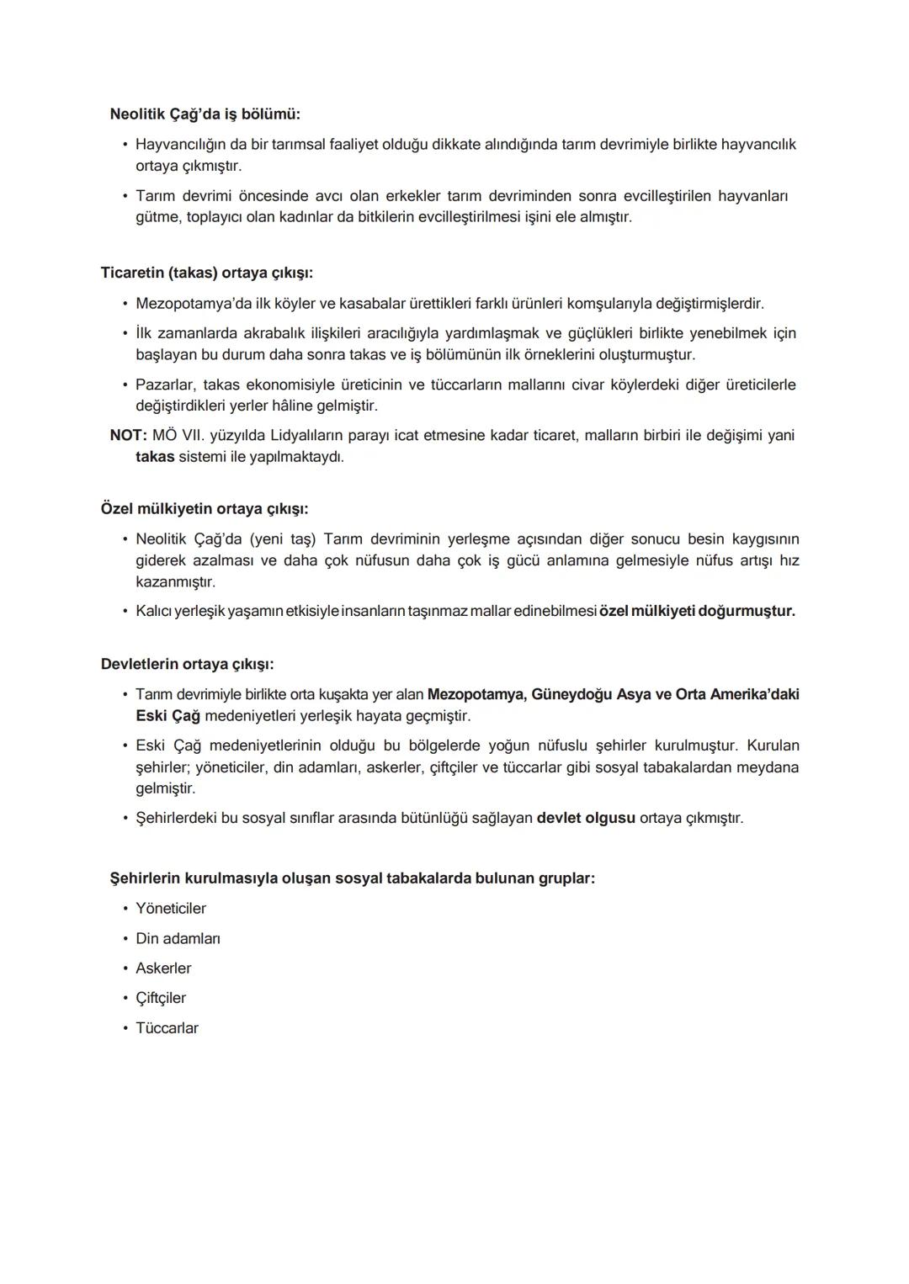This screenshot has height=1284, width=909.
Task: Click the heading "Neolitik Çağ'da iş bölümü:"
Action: click(205, 114)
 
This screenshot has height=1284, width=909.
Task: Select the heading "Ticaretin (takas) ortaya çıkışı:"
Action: click(206, 273)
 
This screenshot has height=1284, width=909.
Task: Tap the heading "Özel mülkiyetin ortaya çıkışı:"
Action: click(204, 509)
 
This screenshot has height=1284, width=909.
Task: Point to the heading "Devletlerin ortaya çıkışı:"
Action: click(187, 664)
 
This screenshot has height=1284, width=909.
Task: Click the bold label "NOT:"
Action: click(128, 435)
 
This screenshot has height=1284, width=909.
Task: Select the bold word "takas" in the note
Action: click(155, 457)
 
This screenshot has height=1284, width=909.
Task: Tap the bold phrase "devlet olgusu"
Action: click(586, 818)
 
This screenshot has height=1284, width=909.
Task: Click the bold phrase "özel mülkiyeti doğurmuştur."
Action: click(697, 611)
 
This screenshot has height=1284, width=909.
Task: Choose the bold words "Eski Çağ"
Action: click(167, 716)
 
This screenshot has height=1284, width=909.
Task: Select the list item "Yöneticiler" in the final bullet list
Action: click(170, 909)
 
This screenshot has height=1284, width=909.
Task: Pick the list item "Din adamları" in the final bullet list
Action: click(178, 938)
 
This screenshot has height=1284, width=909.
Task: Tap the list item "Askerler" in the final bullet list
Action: click(163, 968)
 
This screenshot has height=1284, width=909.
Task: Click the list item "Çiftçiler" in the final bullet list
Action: click(161, 998)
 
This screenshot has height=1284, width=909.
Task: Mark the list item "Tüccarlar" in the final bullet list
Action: click(167, 1028)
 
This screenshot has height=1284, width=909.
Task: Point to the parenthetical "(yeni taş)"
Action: click(282, 539)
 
